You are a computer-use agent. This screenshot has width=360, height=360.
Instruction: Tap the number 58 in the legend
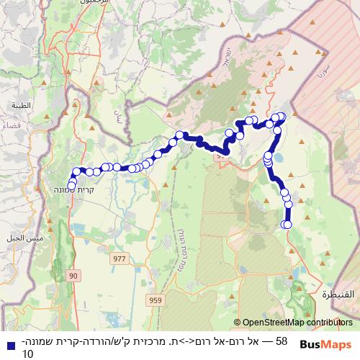pyautogui.click(x=282, y=341)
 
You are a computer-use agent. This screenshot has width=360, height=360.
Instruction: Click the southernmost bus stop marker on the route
pyautogui.click(x=287, y=225)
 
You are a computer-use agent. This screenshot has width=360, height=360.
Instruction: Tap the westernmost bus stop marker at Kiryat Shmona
pyautogui.click(x=71, y=186)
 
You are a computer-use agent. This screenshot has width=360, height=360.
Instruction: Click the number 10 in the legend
pyautogui.click(x=28, y=354)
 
